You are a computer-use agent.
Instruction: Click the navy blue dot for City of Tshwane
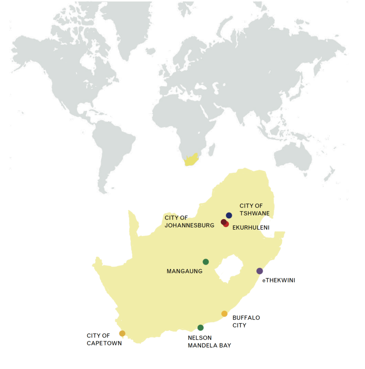pos(229,215)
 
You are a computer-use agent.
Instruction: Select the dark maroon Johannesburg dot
pos(223,222)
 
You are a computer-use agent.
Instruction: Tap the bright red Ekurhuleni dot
pos(227,224)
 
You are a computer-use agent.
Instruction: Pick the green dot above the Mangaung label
pos(206,262)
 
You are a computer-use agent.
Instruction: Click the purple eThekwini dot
pos(259,271)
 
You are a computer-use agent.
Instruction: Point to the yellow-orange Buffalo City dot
pos(224,314)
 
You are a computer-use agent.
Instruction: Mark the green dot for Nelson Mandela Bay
pos(201,328)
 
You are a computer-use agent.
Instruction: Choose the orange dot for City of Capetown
pos(122,333)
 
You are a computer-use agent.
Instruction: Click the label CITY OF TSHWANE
pos(254,209)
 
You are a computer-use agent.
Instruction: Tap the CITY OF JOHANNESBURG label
pos(189,222)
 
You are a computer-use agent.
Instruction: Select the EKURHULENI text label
pos(251,228)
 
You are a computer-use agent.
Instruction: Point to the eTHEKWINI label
pos(278,280)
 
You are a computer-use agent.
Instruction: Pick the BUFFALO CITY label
pos(246,321)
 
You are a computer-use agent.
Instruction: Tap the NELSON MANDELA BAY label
pos(209,342)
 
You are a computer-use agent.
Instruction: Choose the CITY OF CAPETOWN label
pos(104,339)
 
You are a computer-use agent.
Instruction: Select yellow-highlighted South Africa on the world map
pos(191,160)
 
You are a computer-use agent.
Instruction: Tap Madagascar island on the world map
pos(212,148)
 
